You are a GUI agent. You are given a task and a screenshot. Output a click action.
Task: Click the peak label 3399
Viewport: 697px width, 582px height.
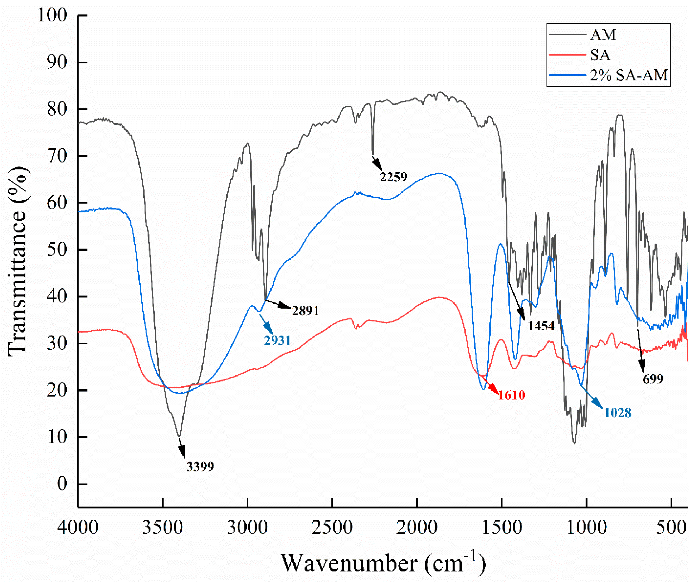click(x=200, y=467)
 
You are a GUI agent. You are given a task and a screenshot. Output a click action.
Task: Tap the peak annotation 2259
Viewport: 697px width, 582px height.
click(x=393, y=177)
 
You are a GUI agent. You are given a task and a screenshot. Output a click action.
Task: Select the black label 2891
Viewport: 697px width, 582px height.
click(x=305, y=311)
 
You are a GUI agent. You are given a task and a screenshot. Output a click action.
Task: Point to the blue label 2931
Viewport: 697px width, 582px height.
click(x=277, y=340)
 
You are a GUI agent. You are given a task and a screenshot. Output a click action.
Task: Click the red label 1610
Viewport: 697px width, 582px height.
click(x=511, y=395)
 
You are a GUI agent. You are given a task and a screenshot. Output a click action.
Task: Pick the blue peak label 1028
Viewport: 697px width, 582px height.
click(x=618, y=413)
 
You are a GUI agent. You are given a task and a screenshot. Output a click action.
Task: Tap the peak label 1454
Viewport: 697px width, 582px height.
click(x=541, y=326)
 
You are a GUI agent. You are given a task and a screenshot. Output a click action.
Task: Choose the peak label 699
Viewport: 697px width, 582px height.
click(x=653, y=379)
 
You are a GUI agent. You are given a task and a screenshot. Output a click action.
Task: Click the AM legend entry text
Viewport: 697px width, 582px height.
click(x=603, y=35)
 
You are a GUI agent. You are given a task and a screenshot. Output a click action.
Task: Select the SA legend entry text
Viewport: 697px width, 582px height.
click(x=600, y=55)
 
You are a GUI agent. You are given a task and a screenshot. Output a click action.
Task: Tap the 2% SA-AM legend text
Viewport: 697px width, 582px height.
click(x=629, y=76)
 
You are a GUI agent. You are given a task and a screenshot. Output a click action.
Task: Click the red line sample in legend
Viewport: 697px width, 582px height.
click(x=567, y=55)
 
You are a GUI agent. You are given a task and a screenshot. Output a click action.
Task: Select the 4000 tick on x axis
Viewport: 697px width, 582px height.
click(x=78, y=528)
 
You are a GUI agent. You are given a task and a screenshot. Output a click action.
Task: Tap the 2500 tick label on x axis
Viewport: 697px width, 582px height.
click(x=332, y=528)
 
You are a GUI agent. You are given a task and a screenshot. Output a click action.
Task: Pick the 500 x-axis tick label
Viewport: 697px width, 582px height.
click(x=671, y=528)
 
